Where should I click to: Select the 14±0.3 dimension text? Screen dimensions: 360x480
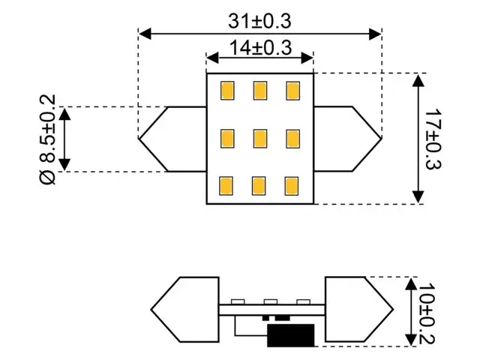[x=259, y=48]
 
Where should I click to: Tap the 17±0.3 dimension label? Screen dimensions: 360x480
[x=434, y=139]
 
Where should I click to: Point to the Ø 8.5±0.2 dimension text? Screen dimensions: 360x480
[x=46, y=139]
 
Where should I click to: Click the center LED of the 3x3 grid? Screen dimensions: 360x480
[x=259, y=139]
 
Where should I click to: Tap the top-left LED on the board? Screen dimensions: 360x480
[x=226, y=91]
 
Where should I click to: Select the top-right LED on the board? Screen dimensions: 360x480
[x=293, y=91]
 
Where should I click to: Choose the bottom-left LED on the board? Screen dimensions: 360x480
[x=226, y=185]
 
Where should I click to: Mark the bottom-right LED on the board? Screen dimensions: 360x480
[x=293, y=185]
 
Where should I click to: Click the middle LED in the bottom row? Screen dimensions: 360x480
[x=259, y=185]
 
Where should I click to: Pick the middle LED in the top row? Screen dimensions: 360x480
[x=259, y=91]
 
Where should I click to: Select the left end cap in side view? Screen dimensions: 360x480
[x=184, y=310]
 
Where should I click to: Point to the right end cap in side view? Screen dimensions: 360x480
[x=358, y=310]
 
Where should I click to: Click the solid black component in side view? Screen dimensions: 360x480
[x=291, y=335]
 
